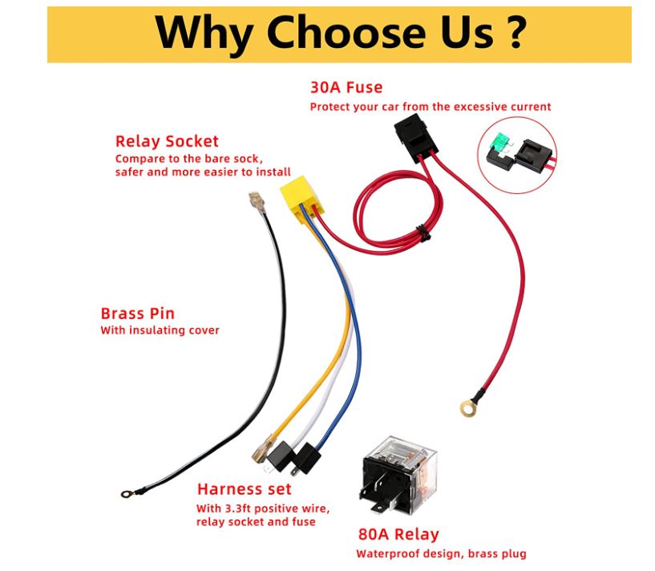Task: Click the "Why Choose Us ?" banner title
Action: [x=340, y=33]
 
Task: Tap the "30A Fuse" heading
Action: [x=346, y=87]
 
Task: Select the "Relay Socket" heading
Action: [x=167, y=142]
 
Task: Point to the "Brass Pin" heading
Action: [x=137, y=314]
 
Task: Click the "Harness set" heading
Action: [x=244, y=489]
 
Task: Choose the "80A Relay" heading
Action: [x=398, y=534]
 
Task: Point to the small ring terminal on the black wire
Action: [x=126, y=495]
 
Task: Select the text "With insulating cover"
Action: [x=160, y=330]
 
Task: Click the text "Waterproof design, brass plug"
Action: [x=441, y=553]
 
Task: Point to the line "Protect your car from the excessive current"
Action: [x=431, y=107]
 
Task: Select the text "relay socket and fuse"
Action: [x=256, y=522]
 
